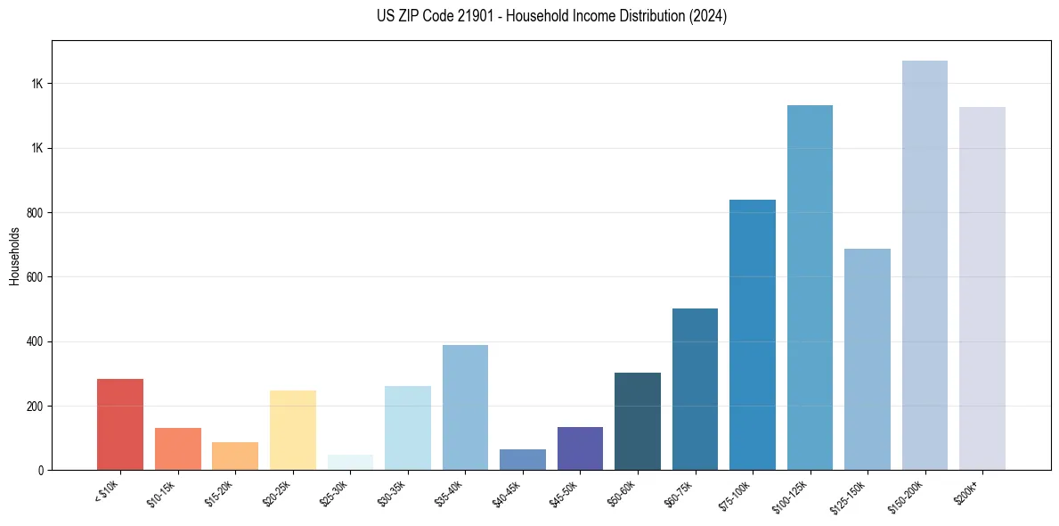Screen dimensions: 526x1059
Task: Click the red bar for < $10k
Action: [x=120, y=424]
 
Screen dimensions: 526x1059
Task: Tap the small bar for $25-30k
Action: [x=350, y=462]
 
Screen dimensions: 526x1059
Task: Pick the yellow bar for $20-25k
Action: [x=292, y=430]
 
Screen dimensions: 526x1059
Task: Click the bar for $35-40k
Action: [x=465, y=407]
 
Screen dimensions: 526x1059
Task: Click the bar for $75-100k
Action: [x=753, y=334]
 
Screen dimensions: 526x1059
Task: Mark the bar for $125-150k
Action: [x=868, y=359]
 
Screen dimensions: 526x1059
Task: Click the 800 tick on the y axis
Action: [x=36, y=213]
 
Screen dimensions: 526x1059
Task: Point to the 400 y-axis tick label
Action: [x=36, y=341]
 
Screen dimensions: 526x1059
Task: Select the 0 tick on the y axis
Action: [x=41, y=470]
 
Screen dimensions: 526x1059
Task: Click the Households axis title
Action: [x=14, y=255]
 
